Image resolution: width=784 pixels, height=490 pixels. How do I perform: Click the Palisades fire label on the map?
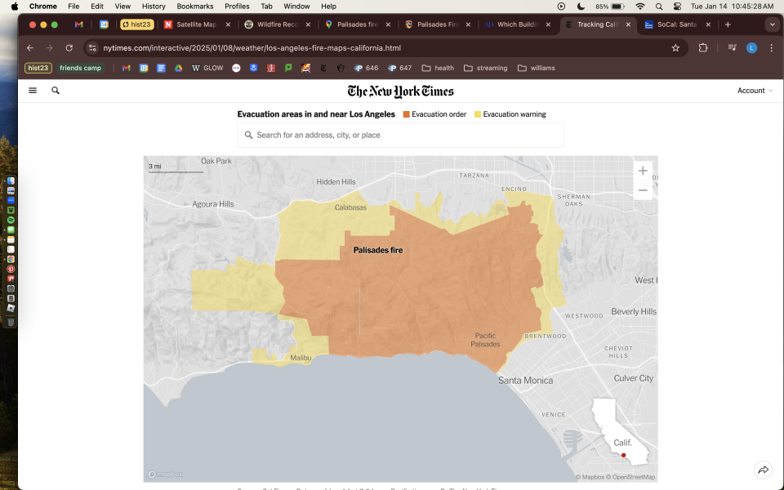click(377, 250)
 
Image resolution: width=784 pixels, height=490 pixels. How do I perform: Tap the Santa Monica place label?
click(525, 380)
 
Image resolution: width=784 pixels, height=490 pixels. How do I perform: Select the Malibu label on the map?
click(301, 358)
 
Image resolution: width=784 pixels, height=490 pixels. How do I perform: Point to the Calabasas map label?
click(350, 207)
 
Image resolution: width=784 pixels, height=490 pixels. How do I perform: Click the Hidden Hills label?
click(336, 181)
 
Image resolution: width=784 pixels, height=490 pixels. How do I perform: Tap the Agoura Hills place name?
click(212, 204)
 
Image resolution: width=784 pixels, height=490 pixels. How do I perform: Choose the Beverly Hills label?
click(633, 312)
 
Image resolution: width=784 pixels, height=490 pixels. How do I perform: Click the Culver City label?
click(634, 378)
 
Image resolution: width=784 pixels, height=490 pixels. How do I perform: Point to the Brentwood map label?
click(545, 336)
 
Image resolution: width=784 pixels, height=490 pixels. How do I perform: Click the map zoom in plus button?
click(643, 171)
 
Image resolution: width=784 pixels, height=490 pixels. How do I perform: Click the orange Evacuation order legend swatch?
click(406, 114)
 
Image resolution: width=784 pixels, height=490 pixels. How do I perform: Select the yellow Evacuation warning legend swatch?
click(478, 114)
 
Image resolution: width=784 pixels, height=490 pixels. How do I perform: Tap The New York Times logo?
click(400, 91)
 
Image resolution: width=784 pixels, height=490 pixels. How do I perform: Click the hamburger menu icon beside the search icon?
click(33, 91)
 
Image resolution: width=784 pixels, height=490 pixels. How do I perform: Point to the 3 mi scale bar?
click(176, 171)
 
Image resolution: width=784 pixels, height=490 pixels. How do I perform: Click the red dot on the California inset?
click(623, 455)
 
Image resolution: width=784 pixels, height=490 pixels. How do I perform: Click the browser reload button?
click(69, 48)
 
